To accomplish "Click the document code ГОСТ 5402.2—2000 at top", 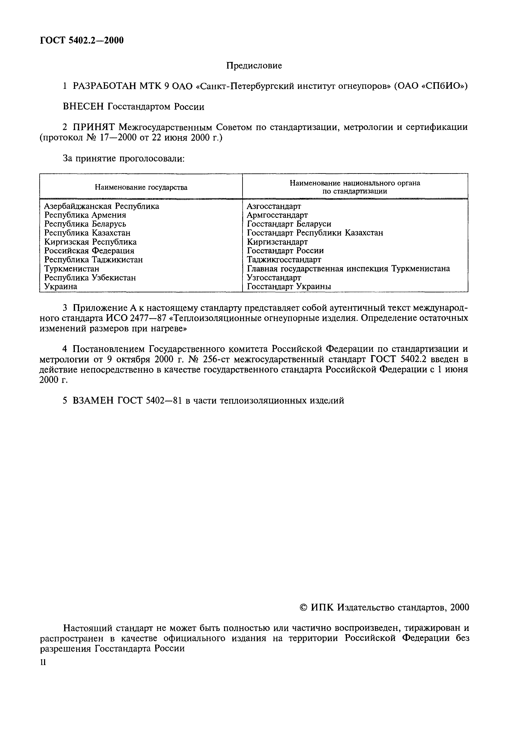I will pyautogui.click(x=82, y=40).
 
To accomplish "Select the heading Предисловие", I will pyautogui.click(x=254, y=66).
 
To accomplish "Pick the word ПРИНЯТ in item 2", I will pyautogui.click(x=94, y=127).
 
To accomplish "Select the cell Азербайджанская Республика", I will pyautogui.click(x=101, y=206).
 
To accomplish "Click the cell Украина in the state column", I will pyautogui.click(x=60, y=286).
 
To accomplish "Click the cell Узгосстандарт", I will pyautogui.click(x=274, y=277).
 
